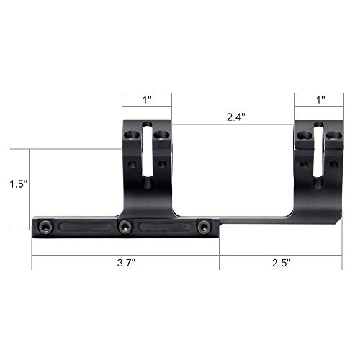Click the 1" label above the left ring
pos(147,99)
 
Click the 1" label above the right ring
pos(320,99)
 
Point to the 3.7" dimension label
pos(125,264)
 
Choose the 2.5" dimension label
pos(280,264)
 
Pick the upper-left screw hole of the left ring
pos(132,135)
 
